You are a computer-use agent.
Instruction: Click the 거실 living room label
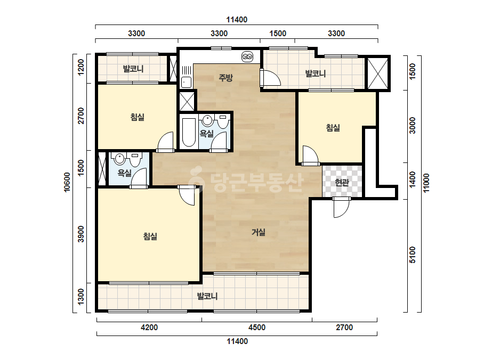pos(259,232)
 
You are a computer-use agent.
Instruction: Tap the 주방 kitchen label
pos(225,77)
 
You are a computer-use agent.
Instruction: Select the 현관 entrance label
pos(342,183)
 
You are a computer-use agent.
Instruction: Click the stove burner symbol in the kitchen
pos(247,57)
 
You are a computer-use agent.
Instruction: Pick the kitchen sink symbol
pos(186,82)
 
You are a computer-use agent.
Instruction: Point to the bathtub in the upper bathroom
pos(189,132)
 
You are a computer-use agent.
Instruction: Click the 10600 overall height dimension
pos(67,182)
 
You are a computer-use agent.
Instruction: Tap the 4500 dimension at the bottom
pos(257,328)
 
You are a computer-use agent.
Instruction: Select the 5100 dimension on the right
pos(412,255)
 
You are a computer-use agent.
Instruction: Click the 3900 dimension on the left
pos(81,234)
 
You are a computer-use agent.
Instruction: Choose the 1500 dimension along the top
pos(278,34)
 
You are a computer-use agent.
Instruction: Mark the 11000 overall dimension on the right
pos(426,183)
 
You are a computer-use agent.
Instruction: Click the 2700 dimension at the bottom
pos(344,328)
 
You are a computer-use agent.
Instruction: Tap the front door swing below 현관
pos(341,208)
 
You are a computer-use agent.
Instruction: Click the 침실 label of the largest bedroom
pos(150,236)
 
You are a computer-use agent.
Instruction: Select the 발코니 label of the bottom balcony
pos(207,296)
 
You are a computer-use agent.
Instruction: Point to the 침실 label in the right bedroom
pos(333,128)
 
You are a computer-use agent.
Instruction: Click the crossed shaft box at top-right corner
pos(377,73)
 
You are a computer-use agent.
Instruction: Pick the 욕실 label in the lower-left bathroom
pos(124,173)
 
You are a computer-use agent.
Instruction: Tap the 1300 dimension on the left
pos(81,297)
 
